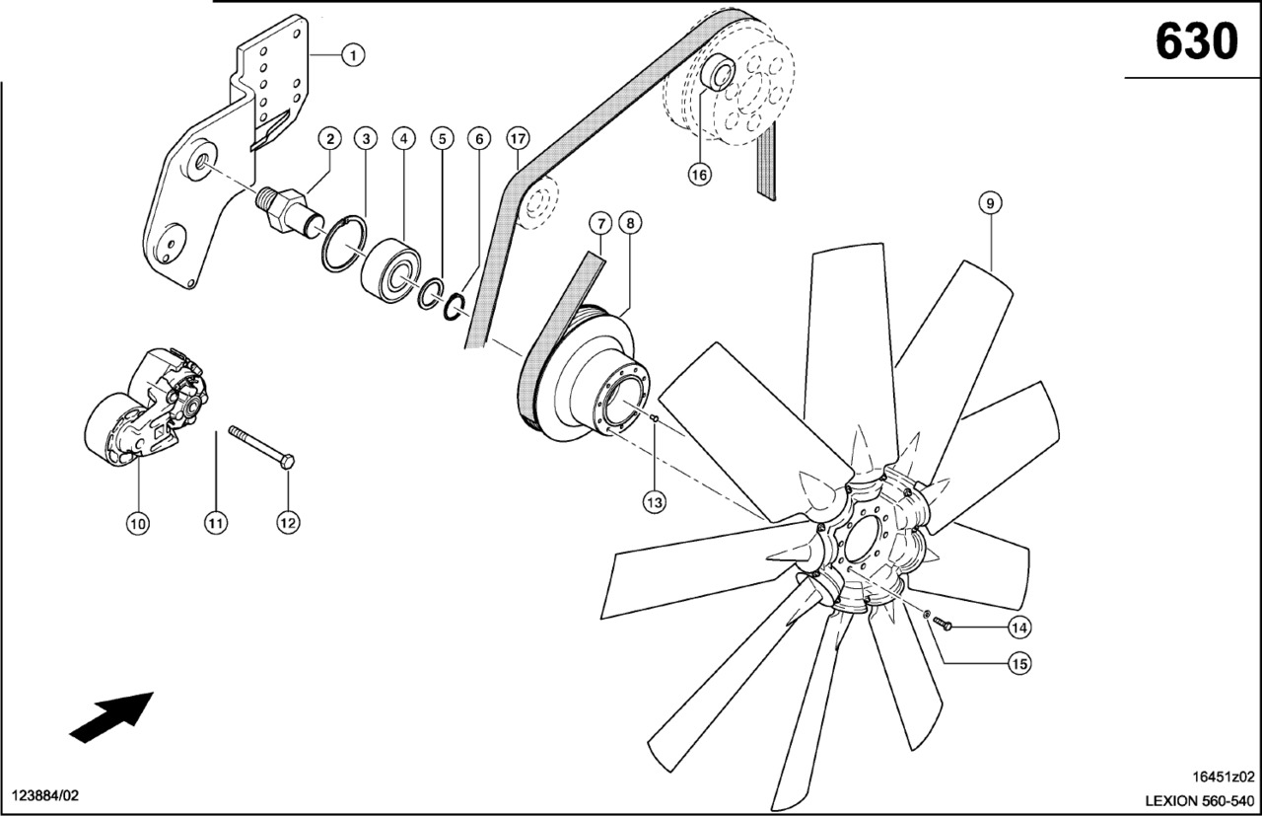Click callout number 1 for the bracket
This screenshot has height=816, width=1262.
(353, 54)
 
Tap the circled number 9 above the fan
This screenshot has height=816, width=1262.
(991, 202)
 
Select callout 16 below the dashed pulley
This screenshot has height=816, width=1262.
(699, 175)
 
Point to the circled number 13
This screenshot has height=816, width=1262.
(654, 501)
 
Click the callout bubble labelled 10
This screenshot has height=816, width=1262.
(137, 523)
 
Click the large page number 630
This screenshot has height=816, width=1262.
(1195, 41)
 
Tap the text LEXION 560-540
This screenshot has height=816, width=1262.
(1199, 800)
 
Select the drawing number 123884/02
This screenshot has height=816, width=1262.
(44, 794)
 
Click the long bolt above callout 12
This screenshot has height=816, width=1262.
(262, 447)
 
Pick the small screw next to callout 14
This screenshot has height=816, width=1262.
(943, 623)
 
